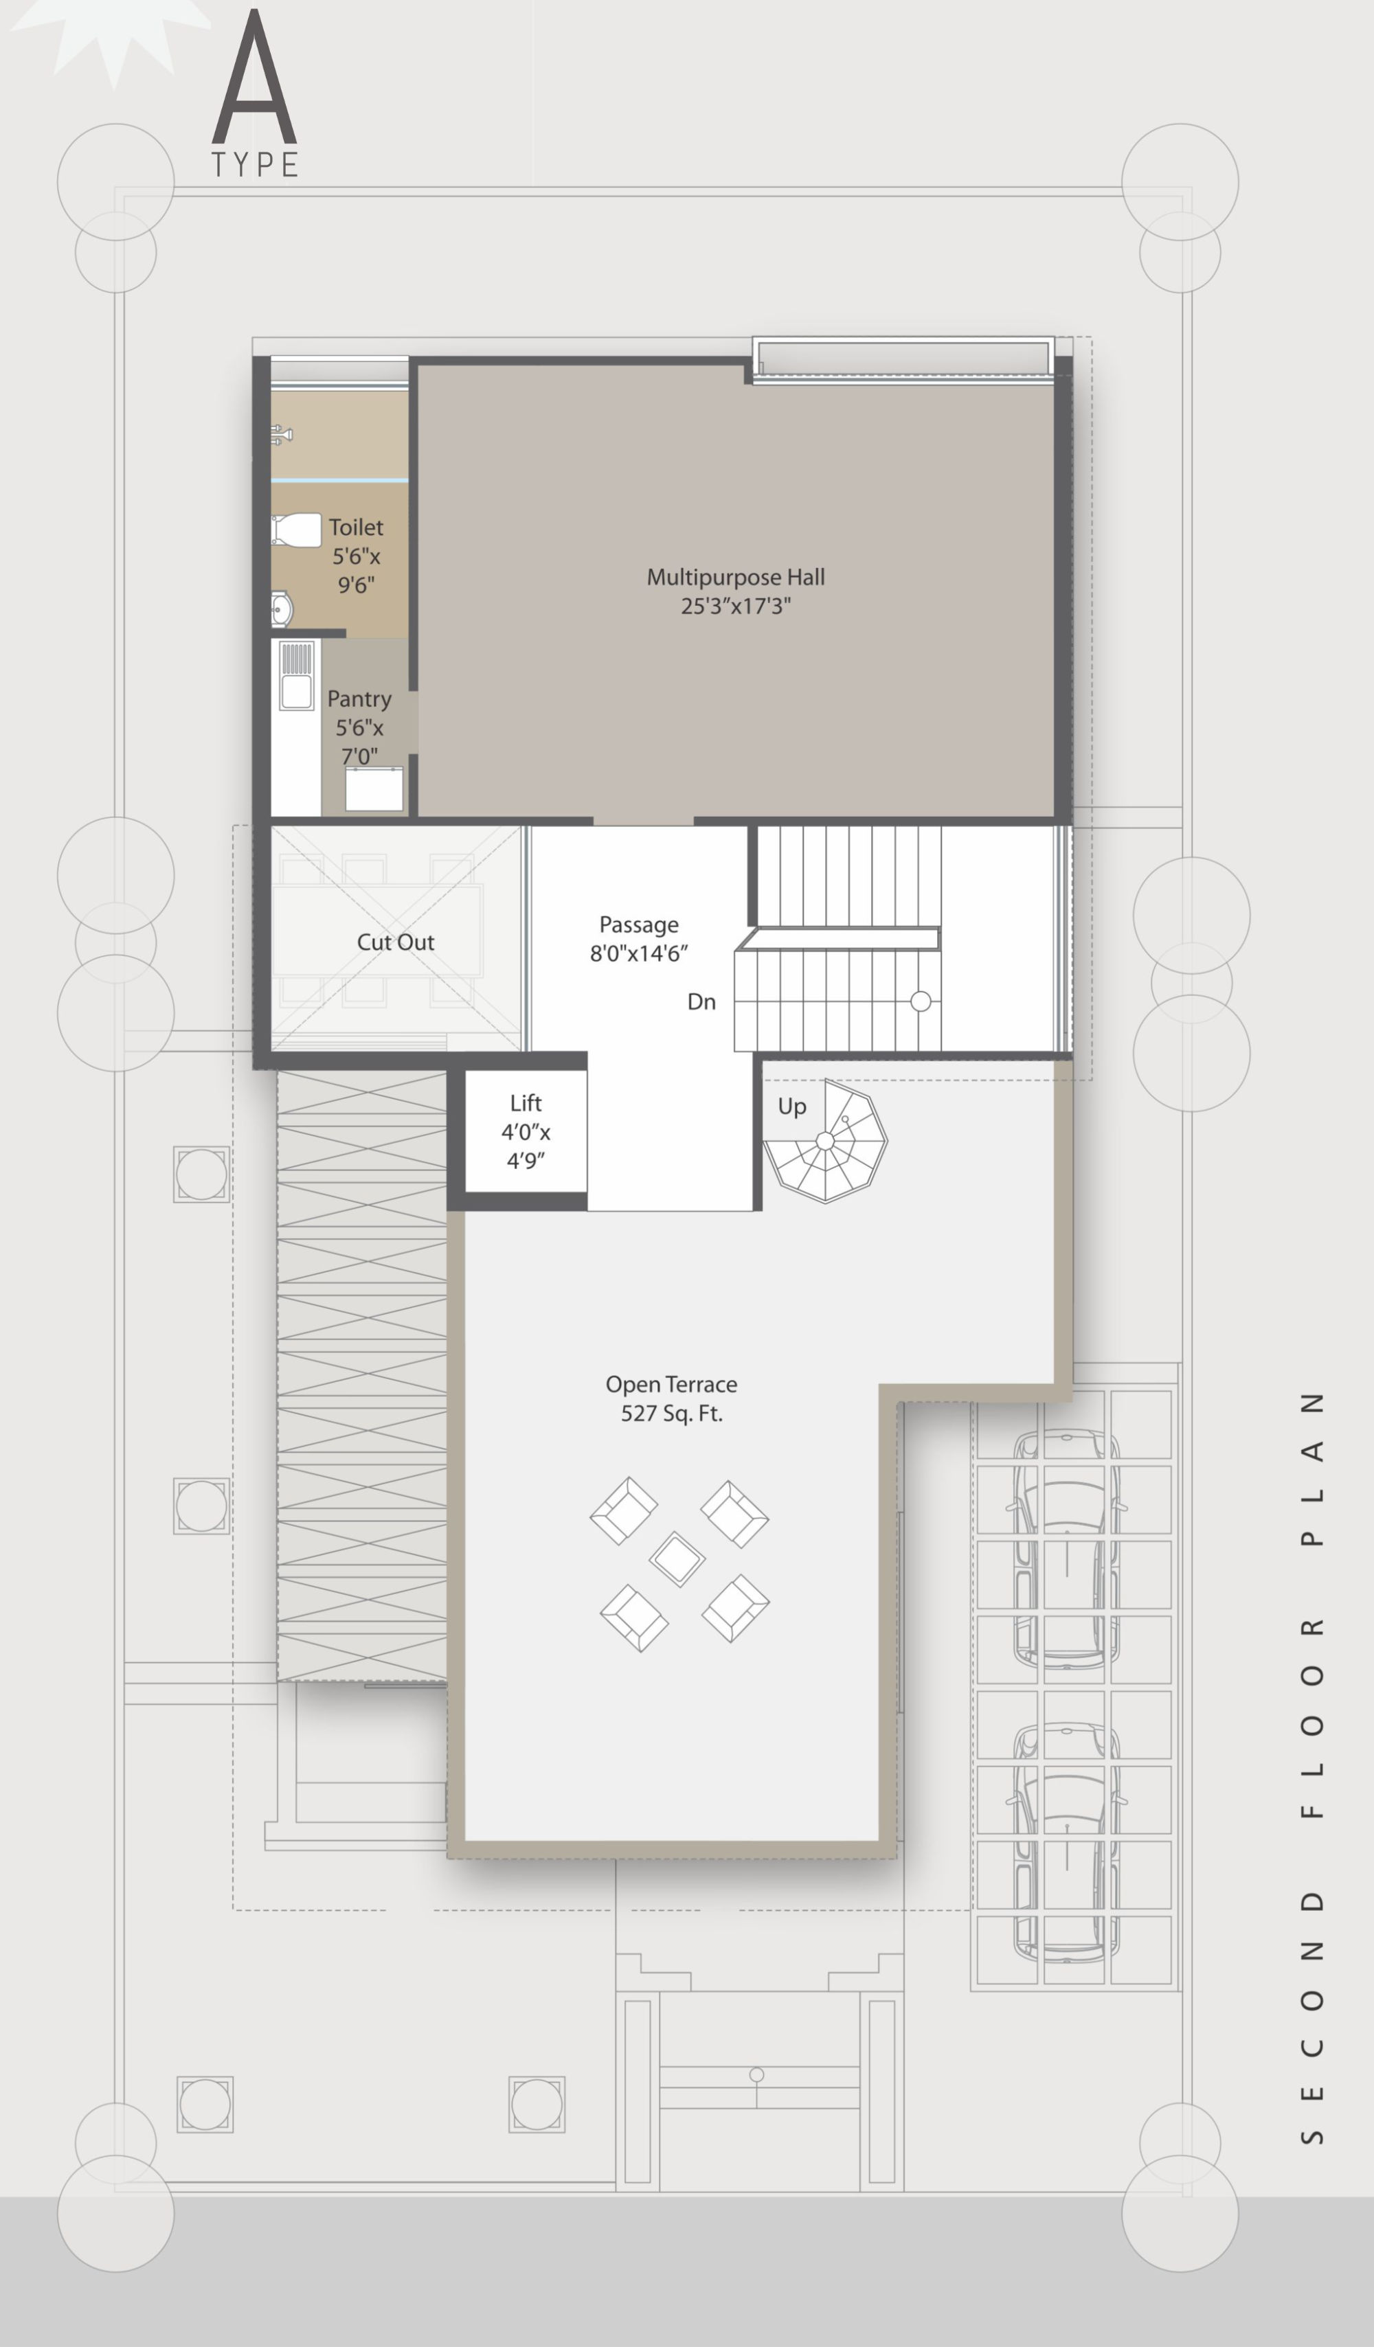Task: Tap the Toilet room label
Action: pyautogui.click(x=356, y=527)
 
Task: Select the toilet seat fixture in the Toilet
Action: pyautogui.click(x=296, y=530)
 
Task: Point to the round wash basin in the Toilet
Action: pyautogui.click(x=281, y=609)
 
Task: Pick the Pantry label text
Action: pyautogui.click(x=359, y=699)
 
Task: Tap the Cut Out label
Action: pyautogui.click(x=396, y=942)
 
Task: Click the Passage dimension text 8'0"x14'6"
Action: pyautogui.click(x=639, y=953)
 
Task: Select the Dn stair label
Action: pyautogui.click(x=701, y=1002)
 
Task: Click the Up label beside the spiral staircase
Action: pyautogui.click(x=792, y=1107)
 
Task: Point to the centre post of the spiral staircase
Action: pyautogui.click(x=825, y=1141)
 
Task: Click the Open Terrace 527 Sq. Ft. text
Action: pyautogui.click(x=672, y=1398)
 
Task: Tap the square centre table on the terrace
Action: pyautogui.click(x=677, y=1559)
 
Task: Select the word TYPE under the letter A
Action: pyautogui.click(x=254, y=165)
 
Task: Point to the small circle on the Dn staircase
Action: pyautogui.click(x=921, y=1001)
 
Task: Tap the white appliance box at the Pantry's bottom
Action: pyautogui.click(x=374, y=789)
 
